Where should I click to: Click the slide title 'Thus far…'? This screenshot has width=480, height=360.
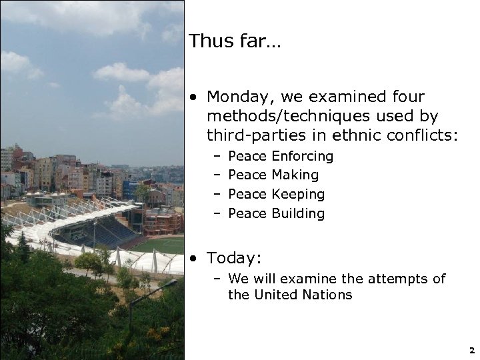[x=235, y=41]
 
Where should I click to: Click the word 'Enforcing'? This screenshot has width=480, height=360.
[x=302, y=156]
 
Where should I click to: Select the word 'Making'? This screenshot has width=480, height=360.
[x=295, y=175]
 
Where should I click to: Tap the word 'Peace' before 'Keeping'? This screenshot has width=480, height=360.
[x=247, y=195]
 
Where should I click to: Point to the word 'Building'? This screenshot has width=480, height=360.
[x=298, y=214]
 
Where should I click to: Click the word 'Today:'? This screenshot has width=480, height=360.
[x=233, y=257]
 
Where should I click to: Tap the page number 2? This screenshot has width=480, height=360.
[x=471, y=349]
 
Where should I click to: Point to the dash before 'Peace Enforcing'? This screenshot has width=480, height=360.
[x=217, y=157]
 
